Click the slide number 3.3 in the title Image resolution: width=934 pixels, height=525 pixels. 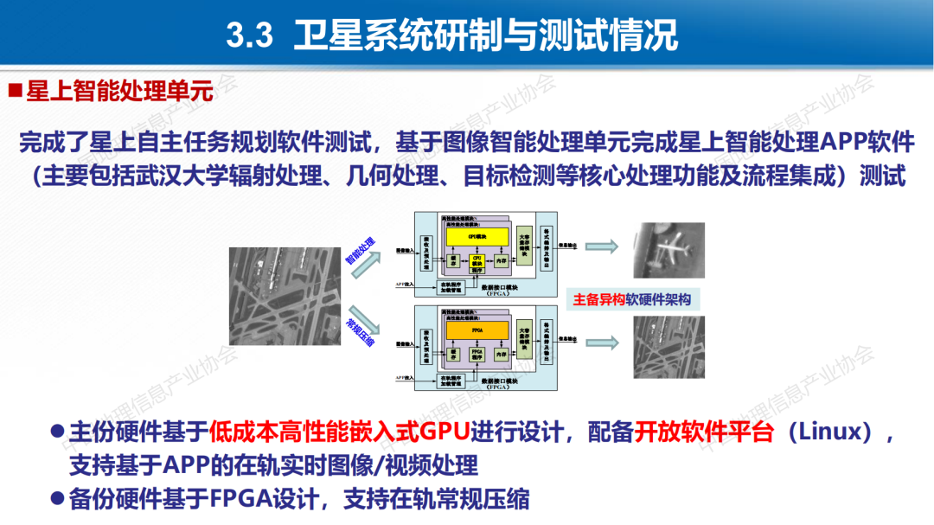250,36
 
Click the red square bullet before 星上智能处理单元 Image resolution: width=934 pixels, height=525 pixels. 15,91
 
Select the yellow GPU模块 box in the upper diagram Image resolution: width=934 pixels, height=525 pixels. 478,235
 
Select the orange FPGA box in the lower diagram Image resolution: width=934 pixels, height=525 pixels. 477,330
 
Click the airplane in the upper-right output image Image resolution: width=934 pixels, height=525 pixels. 669,249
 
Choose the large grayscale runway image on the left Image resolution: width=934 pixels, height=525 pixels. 285,296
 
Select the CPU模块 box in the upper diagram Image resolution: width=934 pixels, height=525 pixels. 478,261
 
